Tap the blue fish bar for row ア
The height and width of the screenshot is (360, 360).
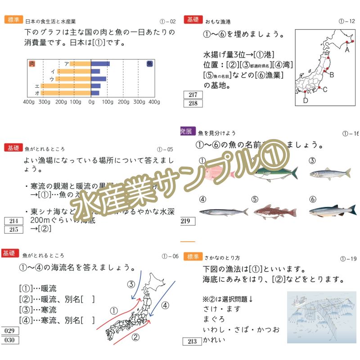click(x=100, y=64)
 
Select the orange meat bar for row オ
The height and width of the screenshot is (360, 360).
click(x=66, y=93)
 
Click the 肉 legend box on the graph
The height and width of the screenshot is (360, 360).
click(x=32, y=64)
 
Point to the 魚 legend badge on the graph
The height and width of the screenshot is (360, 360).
click(x=149, y=64)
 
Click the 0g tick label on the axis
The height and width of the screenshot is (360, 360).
click(x=91, y=102)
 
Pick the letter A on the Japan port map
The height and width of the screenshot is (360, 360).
click(x=347, y=50)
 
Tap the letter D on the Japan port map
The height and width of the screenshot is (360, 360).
click(x=306, y=100)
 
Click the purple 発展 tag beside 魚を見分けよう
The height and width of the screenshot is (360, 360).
click(x=186, y=131)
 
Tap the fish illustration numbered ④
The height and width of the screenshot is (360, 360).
click(x=224, y=211)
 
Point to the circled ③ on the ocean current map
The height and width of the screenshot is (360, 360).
click(x=131, y=284)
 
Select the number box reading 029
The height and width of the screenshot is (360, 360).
click(x=9, y=331)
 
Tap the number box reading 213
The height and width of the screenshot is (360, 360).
click(x=193, y=342)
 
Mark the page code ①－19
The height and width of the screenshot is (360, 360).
click(x=349, y=259)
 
